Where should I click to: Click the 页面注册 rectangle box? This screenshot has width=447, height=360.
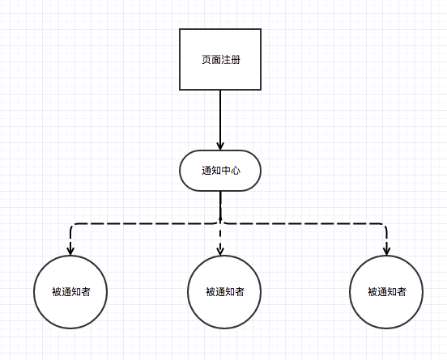220,59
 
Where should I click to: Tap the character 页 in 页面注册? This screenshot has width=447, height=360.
206,60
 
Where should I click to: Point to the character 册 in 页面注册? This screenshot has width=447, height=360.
235,60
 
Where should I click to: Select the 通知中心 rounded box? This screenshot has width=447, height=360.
220,171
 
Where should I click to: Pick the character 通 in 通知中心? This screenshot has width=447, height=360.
206,171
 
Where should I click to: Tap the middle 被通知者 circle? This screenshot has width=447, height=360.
224,292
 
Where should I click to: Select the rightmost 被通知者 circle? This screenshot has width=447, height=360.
386,292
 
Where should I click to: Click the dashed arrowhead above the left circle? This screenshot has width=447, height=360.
70,250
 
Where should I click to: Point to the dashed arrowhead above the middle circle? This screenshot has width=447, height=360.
221,250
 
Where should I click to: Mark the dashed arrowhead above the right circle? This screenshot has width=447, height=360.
386,250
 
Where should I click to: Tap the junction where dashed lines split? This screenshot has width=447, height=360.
220,222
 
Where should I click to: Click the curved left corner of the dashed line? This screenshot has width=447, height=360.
72,227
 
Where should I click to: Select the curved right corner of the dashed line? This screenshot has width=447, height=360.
384,227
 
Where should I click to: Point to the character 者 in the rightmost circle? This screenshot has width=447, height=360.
401,292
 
